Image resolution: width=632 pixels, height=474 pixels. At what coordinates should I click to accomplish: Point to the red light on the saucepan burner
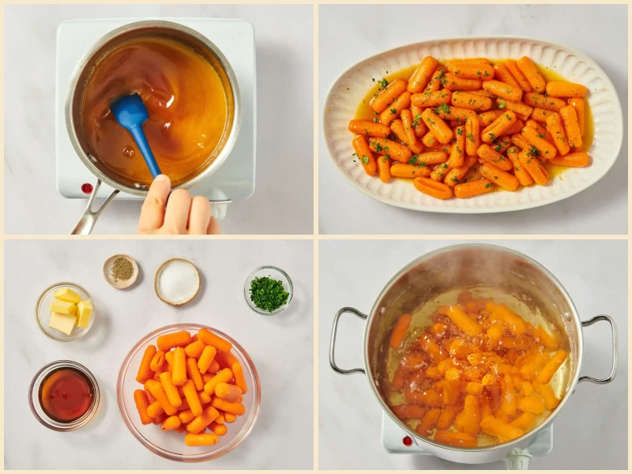pyautogui.click(x=86, y=188)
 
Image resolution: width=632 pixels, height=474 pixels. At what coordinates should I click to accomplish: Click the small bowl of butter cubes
pyautogui.click(x=66, y=311)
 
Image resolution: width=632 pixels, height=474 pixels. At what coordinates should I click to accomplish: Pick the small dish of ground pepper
pyautogui.click(x=121, y=270)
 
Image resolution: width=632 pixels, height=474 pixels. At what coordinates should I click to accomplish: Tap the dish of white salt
pyautogui.click(x=177, y=281)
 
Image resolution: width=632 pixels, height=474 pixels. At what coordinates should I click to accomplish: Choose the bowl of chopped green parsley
pyautogui.click(x=269, y=292)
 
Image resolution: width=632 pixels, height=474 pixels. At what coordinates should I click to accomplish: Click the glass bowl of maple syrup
pyautogui.click(x=65, y=394)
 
